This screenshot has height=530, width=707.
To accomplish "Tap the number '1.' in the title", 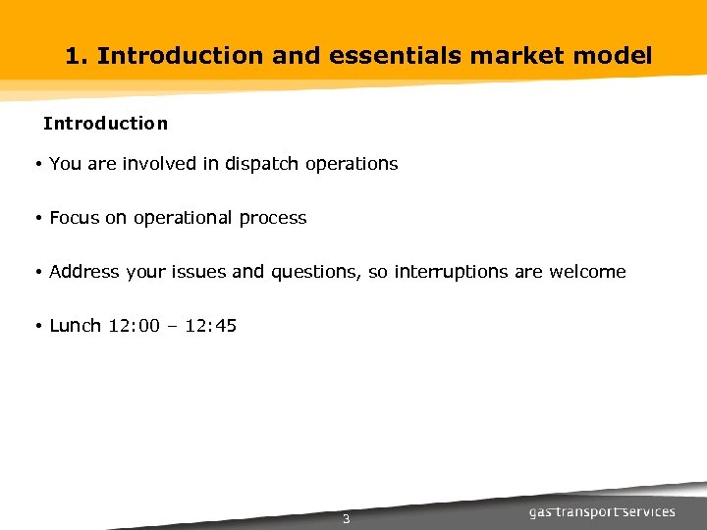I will pos(78,56).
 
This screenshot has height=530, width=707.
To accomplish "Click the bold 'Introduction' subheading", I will pos(105,124).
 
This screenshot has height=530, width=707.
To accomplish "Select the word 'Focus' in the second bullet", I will pos(74,218).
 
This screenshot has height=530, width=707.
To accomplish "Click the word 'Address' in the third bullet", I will pos(84,272).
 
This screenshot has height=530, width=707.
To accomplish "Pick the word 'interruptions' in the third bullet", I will pos(451,272).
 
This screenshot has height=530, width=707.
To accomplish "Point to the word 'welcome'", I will pos(587,272).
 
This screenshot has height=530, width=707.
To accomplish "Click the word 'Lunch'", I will pos(75,326).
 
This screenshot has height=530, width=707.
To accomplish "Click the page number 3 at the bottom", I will pos(346,519).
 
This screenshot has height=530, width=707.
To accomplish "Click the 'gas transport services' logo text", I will pos(602,512).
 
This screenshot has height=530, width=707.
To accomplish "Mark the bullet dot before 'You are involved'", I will pos(36,165).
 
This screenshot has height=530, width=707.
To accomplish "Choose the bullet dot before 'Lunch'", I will pos(36,326).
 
